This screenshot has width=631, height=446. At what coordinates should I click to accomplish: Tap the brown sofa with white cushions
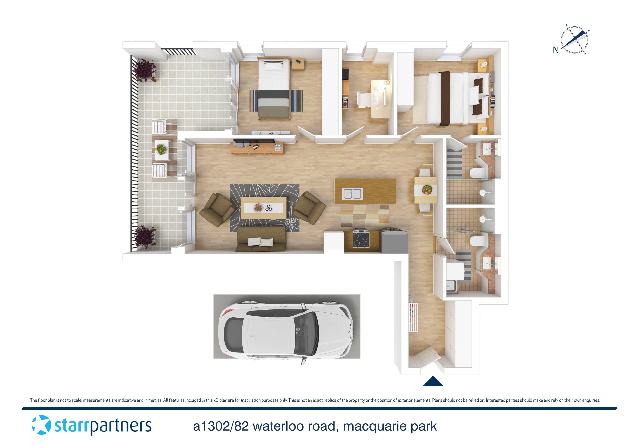point(261,239)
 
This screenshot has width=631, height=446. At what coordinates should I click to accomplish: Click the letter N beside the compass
point(556,50)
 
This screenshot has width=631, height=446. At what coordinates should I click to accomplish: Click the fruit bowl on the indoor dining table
point(427,189)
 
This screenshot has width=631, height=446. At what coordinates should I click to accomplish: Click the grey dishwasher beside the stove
point(394,241)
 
